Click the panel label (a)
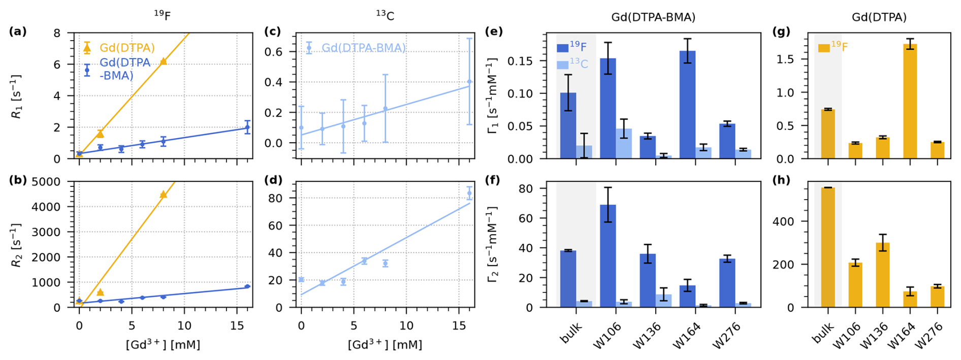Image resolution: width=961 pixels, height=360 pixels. (18, 31)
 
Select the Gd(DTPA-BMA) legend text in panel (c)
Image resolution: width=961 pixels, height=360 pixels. (364, 48)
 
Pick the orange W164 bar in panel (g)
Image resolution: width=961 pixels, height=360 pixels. (910, 101)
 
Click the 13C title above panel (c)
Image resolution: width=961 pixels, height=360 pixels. (385, 16)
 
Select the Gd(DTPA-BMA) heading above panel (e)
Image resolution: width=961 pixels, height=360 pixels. (653, 17)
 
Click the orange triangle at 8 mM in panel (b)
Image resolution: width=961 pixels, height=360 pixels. (163, 194)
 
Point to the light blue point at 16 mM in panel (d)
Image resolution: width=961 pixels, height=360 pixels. (469, 193)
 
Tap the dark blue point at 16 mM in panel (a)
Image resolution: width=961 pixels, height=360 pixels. (247, 127)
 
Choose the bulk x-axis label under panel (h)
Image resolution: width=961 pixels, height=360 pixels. (823, 333)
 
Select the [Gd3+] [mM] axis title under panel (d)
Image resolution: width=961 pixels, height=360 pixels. (385, 345)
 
